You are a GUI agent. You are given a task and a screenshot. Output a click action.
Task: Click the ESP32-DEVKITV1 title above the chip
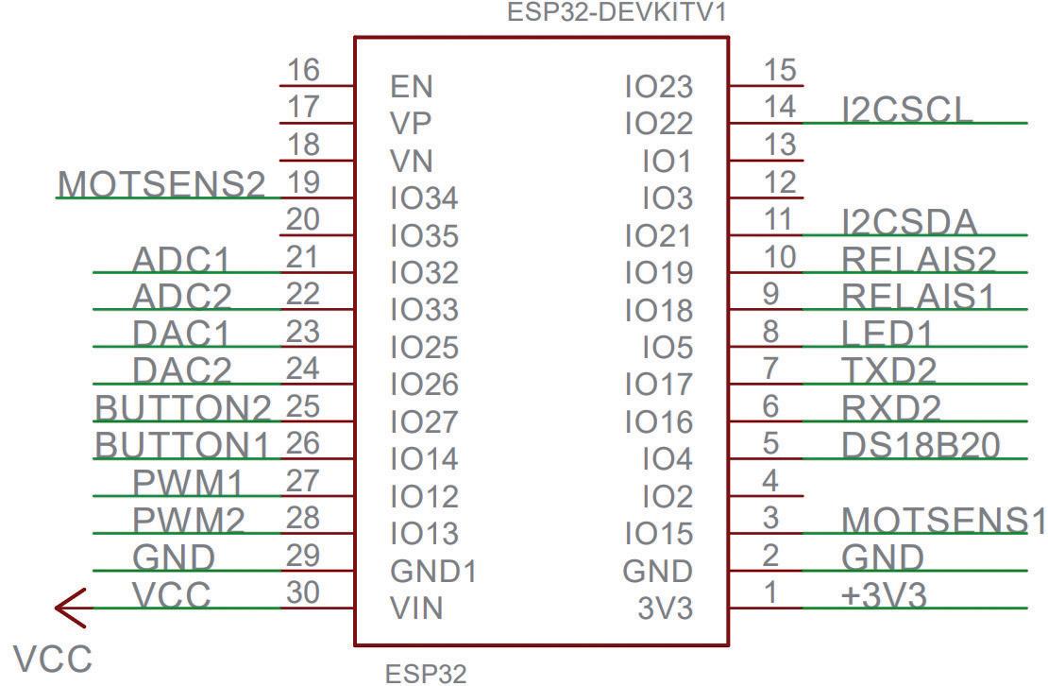point(617,13)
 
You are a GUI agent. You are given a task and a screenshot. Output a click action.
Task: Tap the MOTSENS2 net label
point(161,183)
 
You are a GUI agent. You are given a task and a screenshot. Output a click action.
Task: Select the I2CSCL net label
point(906,110)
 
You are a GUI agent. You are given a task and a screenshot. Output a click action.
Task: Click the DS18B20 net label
point(921,445)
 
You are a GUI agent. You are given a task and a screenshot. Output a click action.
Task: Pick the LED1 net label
point(887,333)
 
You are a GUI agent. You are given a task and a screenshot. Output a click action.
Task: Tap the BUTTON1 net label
point(183,444)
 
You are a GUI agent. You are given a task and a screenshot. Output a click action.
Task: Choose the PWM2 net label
point(188,520)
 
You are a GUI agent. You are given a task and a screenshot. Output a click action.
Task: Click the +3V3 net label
point(884,595)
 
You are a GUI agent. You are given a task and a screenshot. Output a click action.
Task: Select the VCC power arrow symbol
point(71,607)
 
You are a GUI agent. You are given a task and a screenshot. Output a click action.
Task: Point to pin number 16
point(303,71)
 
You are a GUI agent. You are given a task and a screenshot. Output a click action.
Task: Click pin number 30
point(303,593)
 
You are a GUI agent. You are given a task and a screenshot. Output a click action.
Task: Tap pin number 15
point(780,71)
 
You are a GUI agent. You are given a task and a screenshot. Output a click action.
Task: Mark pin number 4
point(770,481)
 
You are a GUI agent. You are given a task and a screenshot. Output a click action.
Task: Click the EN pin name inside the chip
point(411,87)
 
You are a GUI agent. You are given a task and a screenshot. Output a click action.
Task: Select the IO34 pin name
point(424,198)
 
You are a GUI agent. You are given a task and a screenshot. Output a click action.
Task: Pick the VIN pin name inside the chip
point(416,609)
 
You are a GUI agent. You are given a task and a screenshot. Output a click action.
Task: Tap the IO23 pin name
point(659,87)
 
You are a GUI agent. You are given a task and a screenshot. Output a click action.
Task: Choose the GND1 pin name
point(433,572)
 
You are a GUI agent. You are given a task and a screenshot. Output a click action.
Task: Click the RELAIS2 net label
point(919,258)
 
